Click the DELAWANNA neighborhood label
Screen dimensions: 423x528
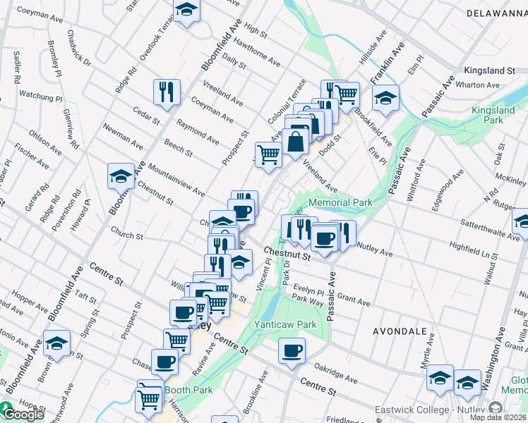click(x=497, y=13)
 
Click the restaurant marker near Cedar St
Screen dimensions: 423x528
click(x=167, y=92)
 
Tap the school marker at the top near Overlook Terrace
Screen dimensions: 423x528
click(x=187, y=11)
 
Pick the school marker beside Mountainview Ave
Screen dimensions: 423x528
click(x=121, y=176)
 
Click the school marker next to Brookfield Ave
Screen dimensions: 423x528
click(x=385, y=97)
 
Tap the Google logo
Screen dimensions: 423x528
click(x=23, y=415)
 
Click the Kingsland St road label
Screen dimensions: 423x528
click(x=489, y=70)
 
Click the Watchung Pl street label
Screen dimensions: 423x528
click(x=41, y=94)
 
